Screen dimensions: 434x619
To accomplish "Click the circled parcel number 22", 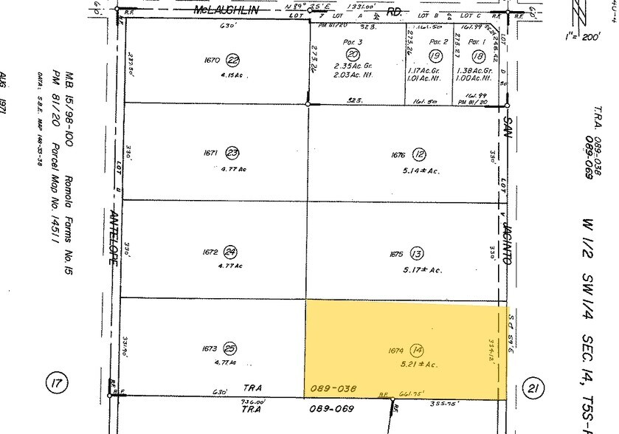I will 233,61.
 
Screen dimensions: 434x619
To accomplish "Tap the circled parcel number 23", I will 233,154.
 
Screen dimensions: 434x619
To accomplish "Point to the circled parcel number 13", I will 418,254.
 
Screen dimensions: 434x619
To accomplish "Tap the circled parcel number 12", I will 419,154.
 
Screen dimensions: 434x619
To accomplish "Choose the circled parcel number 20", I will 353,55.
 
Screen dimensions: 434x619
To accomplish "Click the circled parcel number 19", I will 435,55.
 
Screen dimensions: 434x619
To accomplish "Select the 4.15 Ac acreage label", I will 231,75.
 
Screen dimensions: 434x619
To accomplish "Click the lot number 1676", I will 398,155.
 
